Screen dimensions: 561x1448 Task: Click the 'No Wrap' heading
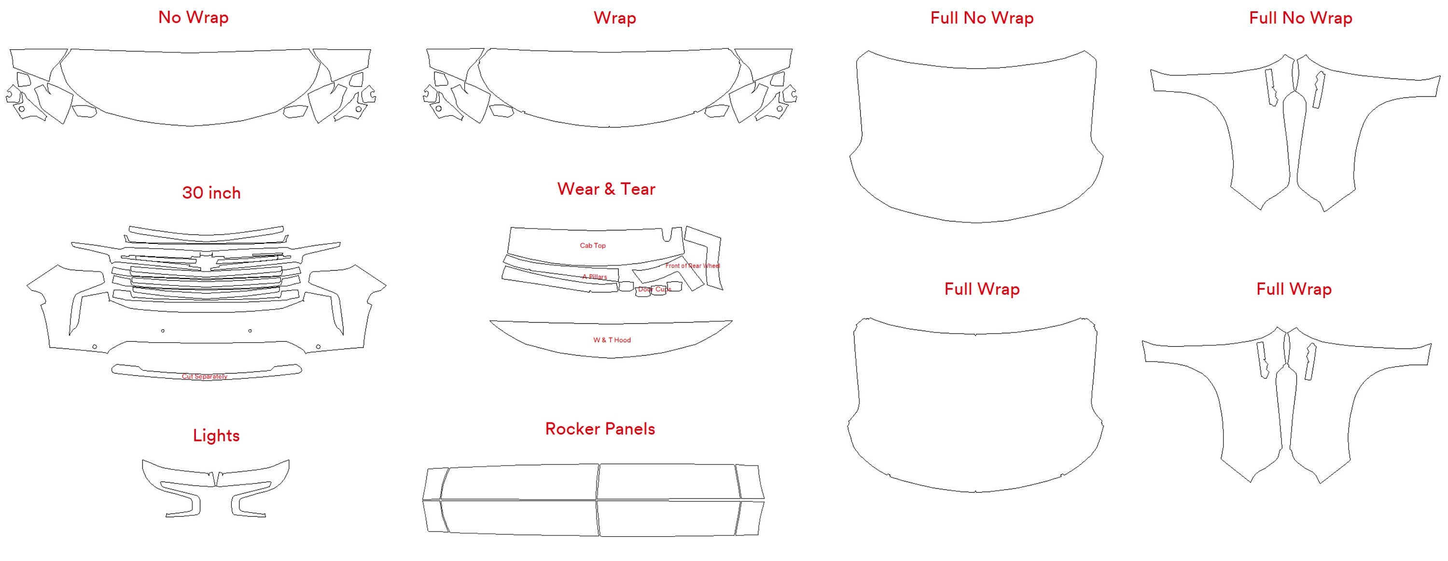pos(194,17)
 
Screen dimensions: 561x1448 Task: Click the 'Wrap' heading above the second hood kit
pos(614,18)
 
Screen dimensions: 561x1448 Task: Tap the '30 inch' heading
pos(211,193)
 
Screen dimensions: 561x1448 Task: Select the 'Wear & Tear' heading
pos(606,189)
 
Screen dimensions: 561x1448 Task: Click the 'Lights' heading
pos(216,435)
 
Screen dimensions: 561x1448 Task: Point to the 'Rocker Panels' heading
pos(600,429)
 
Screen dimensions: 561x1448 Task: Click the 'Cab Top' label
pos(592,246)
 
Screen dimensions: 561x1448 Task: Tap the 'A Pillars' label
pos(594,277)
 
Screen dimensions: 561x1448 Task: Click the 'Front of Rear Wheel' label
pos(692,266)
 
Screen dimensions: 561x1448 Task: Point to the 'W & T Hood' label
pos(612,340)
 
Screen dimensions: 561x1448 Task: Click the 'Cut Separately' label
pos(205,377)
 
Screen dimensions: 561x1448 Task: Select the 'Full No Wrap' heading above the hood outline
pos(981,18)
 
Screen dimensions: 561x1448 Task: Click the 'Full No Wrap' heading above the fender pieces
pos(1300,18)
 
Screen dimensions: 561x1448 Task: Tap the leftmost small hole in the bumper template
pos(95,347)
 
